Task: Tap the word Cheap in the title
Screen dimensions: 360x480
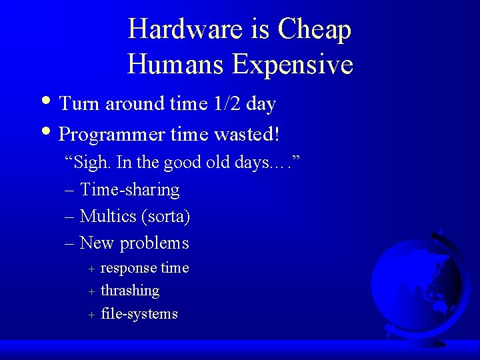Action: (x=315, y=29)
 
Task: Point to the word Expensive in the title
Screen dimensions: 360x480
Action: (x=293, y=64)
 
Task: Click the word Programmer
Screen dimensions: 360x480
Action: (x=112, y=135)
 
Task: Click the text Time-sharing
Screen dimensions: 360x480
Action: (x=130, y=190)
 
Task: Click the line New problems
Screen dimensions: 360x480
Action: (x=134, y=243)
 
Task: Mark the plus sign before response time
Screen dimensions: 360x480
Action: (x=92, y=269)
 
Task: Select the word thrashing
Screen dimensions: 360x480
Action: (x=130, y=291)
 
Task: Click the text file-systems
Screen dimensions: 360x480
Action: (x=139, y=313)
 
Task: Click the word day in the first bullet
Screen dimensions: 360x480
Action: (x=261, y=105)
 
